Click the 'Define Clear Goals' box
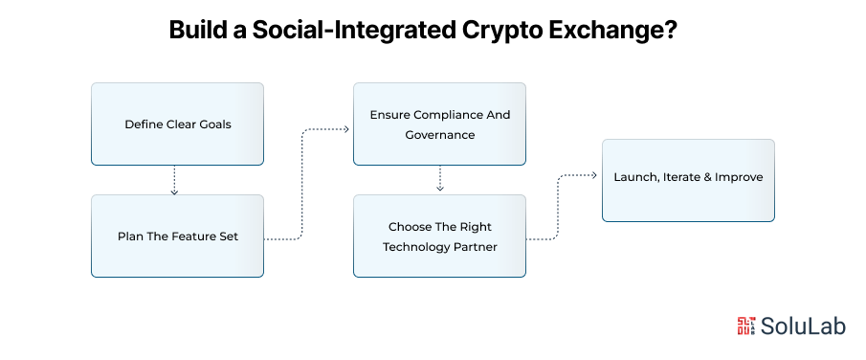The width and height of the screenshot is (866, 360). (x=177, y=124)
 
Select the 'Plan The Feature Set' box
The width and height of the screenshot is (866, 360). (x=177, y=236)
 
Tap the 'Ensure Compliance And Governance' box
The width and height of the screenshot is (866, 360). (x=439, y=124)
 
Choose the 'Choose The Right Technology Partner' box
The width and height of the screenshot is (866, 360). (x=439, y=236)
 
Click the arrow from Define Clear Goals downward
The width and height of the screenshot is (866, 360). (x=174, y=181)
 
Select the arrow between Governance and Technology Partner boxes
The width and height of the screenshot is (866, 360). (x=439, y=179)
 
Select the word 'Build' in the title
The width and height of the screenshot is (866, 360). (x=202, y=30)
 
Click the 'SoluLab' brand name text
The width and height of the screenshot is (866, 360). (x=806, y=326)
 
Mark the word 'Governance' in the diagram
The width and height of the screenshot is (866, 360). (x=439, y=135)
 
